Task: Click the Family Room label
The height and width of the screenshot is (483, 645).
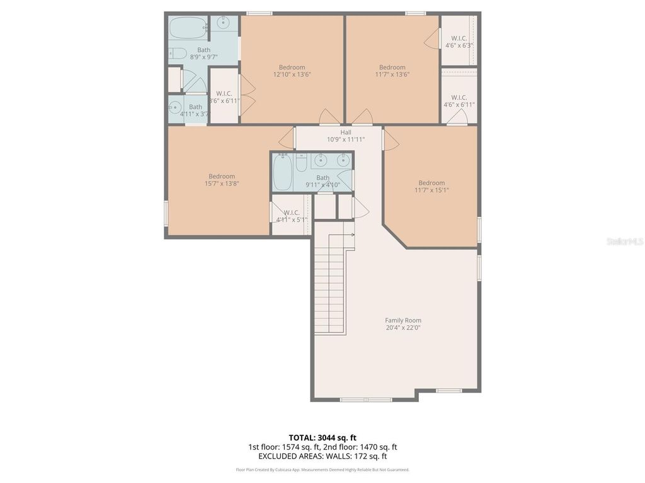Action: pyautogui.click(x=403, y=324)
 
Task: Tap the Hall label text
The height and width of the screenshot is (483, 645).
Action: pyautogui.click(x=346, y=136)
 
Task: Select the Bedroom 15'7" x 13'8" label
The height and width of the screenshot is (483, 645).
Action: pyautogui.click(x=222, y=180)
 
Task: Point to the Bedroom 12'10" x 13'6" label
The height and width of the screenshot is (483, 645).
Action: pyautogui.click(x=292, y=70)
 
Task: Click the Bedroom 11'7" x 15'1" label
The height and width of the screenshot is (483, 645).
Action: pyautogui.click(x=431, y=186)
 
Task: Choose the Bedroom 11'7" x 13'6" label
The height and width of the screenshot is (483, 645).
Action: pyautogui.click(x=392, y=70)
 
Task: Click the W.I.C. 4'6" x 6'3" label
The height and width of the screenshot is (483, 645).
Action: pyautogui.click(x=459, y=42)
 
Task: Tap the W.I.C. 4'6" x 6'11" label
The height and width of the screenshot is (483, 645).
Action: pyautogui.click(x=459, y=101)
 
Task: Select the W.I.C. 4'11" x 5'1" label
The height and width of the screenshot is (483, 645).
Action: pyautogui.click(x=291, y=216)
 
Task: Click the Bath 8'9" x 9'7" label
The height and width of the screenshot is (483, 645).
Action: pyautogui.click(x=203, y=53)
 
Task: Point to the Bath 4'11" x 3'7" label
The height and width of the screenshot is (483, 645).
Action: pyautogui.click(x=195, y=110)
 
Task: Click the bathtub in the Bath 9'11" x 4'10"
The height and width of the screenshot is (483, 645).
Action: pyautogui.click(x=282, y=172)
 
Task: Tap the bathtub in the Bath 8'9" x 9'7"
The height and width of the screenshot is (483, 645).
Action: pyautogui.click(x=188, y=28)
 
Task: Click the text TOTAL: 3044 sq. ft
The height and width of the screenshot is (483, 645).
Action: pyautogui.click(x=322, y=438)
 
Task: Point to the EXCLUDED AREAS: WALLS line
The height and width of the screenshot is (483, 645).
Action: pyautogui.click(x=322, y=457)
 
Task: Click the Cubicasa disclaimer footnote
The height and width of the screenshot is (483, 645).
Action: pyautogui.click(x=322, y=470)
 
